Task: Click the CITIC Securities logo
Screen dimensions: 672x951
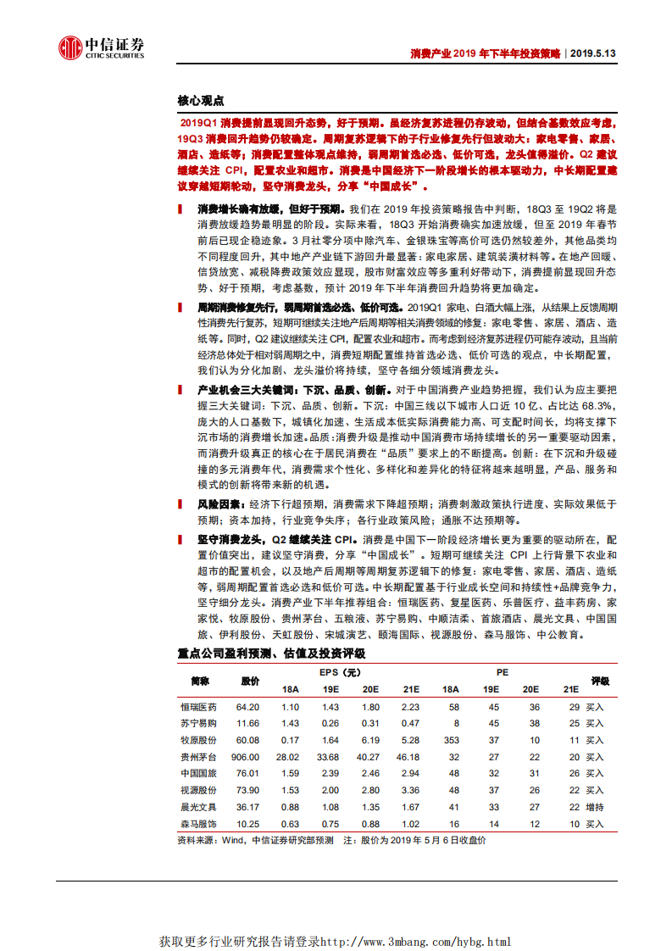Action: pos(101,49)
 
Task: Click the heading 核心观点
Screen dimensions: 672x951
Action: pos(201,100)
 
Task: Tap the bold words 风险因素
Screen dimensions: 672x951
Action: pos(214,505)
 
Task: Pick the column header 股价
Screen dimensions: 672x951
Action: pos(250,681)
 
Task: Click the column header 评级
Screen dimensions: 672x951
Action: pos(600,681)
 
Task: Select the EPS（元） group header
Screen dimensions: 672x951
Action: pos(342,673)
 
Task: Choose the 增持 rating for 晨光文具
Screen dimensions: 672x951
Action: pos(595,807)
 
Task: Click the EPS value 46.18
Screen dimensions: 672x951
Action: pos(409,757)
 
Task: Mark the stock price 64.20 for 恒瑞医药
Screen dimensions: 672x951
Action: pos(247,707)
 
